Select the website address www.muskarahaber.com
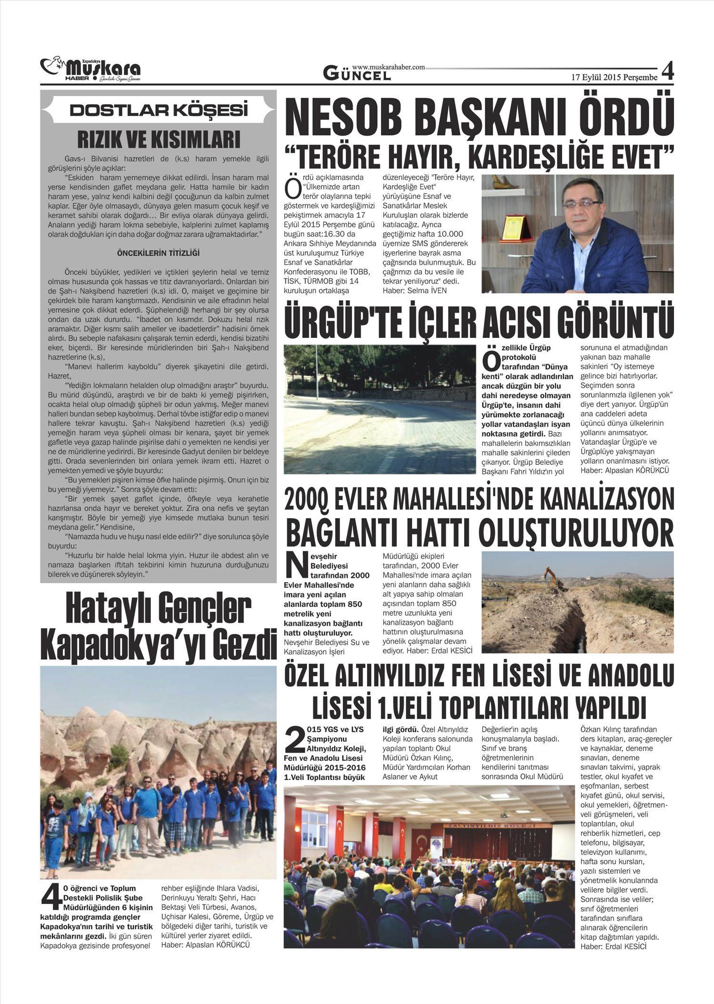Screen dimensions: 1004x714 [x=388, y=68]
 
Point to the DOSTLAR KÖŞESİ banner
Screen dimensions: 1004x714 [x=159, y=110]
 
